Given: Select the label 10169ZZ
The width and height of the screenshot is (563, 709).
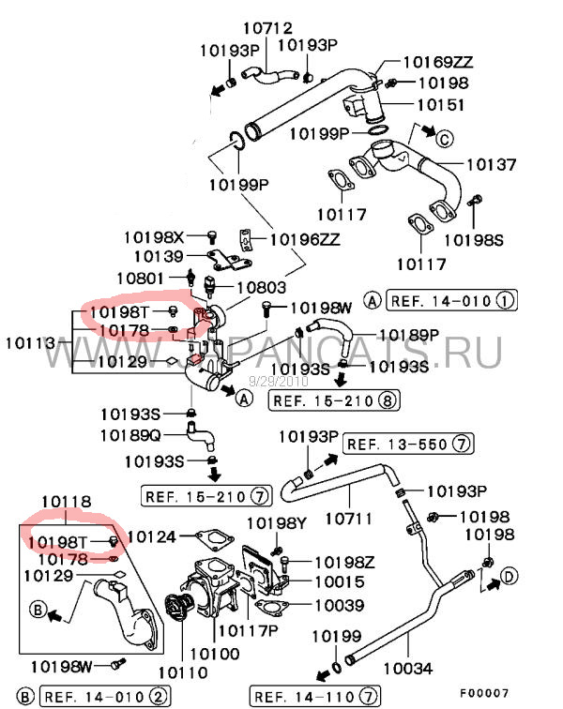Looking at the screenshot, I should point(438,63).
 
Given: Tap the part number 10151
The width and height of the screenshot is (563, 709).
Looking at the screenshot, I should point(440,104).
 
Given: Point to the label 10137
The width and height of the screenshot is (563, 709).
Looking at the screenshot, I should point(491,165).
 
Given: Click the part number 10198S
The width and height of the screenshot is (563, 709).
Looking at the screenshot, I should point(473,240).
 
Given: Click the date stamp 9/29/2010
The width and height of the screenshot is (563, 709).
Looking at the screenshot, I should point(278,382).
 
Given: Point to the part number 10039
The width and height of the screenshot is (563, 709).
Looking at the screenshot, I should point(331,606).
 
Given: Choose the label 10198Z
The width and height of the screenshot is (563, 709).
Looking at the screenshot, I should point(343,562).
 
